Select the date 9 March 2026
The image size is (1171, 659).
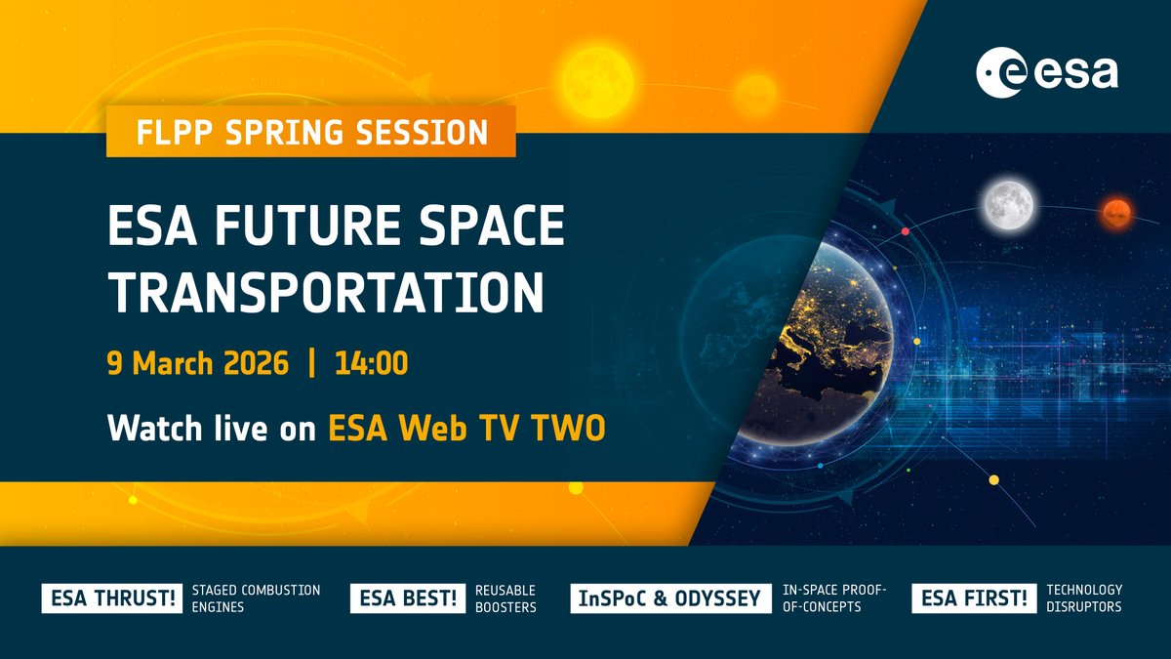(198, 365)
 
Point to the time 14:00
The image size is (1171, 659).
(371, 365)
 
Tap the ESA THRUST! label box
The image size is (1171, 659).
(110, 598)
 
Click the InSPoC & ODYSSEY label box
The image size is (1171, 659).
(669, 598)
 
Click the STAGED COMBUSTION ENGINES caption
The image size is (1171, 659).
(256, 598)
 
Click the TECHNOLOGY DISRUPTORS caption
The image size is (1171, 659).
(1083, 598)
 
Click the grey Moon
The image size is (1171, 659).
(1008, 203)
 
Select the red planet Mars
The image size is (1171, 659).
(1114, 209)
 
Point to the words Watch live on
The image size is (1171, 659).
(212, 428)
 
